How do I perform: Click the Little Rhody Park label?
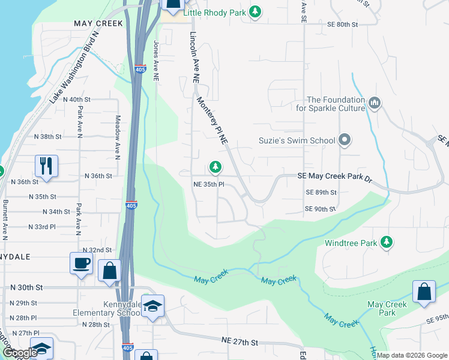click(215, 11)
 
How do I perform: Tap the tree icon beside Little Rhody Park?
click(256, 11)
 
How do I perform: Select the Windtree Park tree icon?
click(388, 242)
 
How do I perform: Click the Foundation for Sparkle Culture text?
click(336, 104)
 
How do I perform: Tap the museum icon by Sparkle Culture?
click(375, 104)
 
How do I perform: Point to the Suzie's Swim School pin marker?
click(345, 140)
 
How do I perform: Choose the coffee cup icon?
click(81, 263)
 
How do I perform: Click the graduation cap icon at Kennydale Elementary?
click(153, 305)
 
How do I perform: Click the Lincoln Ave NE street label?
click(194, 57)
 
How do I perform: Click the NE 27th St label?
click(240, 342)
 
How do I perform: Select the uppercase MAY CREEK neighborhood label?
click(98, 23)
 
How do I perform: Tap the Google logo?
click(19, 353)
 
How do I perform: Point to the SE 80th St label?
click(343, 25)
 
